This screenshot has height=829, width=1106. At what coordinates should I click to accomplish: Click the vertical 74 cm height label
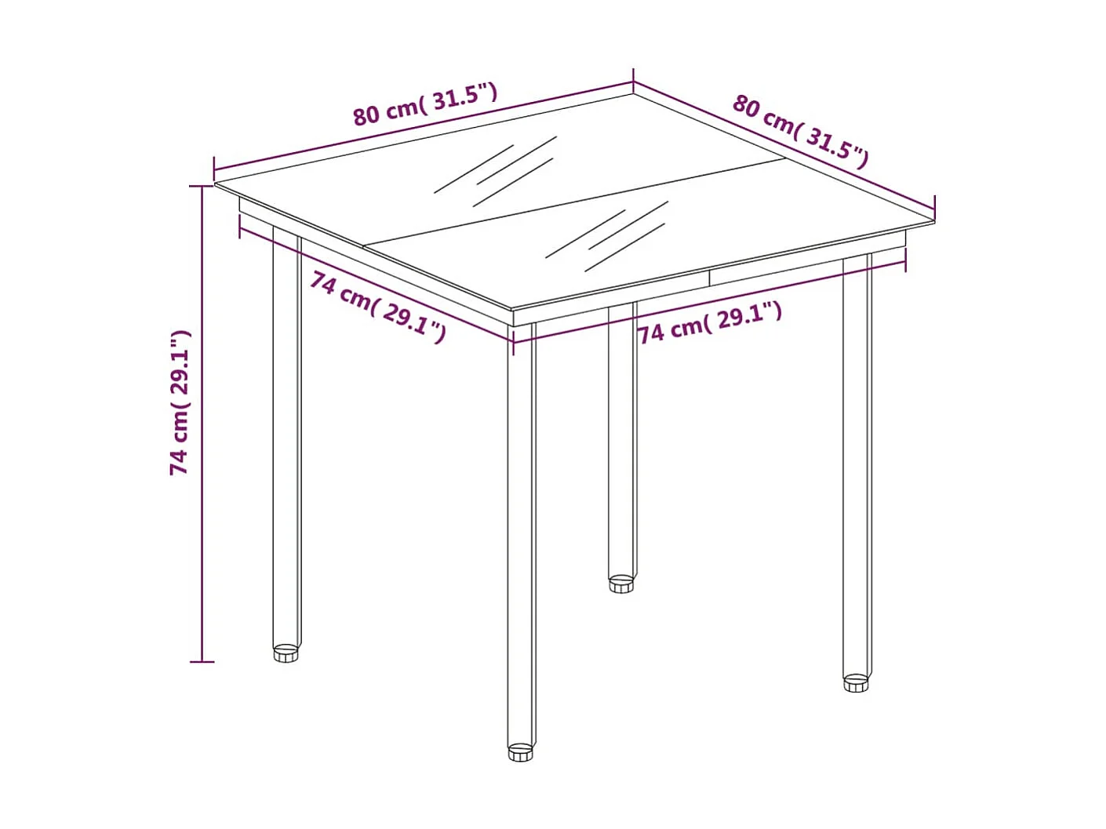180,402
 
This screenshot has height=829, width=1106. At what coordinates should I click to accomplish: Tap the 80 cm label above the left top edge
424,104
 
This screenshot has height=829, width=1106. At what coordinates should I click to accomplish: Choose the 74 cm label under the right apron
709,322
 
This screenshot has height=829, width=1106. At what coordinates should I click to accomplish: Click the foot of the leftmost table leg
286,653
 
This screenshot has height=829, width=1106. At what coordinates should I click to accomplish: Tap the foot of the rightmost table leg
856,682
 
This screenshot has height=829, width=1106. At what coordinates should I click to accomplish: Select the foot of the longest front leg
520,753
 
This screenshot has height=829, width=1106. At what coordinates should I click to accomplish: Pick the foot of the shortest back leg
621,584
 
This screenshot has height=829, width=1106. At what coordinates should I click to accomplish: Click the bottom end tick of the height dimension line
202,662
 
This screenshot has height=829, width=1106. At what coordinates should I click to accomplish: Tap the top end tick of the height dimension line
202,187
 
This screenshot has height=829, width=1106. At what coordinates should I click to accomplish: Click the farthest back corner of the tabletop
633,95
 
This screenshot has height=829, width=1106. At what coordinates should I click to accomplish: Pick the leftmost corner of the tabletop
216,184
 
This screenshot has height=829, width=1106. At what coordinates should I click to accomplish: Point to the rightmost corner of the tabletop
934,221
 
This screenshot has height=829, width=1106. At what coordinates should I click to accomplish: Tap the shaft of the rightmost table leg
857,471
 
